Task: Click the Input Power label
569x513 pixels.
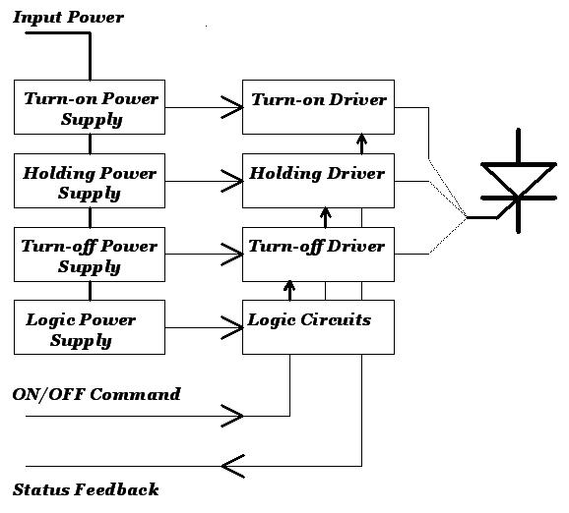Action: coord(68,18)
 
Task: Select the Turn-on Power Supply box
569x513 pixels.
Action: coord(90,108)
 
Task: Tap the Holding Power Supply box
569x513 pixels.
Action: coord(90,182)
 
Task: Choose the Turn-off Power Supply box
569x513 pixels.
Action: coord(90,256)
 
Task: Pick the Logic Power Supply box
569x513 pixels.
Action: coord(90,329)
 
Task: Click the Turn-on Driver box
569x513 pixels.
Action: coord(318,107)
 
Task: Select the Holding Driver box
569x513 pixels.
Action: coord(318,180)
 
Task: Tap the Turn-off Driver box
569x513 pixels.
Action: coord(318,254)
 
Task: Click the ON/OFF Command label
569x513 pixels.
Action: coord(96,394)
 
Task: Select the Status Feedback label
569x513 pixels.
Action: coord(86,489)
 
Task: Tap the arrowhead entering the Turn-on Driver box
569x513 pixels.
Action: coord(232,107)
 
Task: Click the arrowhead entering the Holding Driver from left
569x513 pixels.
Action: coord(232,181)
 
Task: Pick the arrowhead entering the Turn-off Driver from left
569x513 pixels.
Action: coord(232,255)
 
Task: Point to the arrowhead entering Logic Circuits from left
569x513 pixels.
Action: coord(232,328)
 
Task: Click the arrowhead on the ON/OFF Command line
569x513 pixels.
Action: coord(232,417)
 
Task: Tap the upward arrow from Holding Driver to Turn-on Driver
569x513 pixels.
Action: coord(360,143)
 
